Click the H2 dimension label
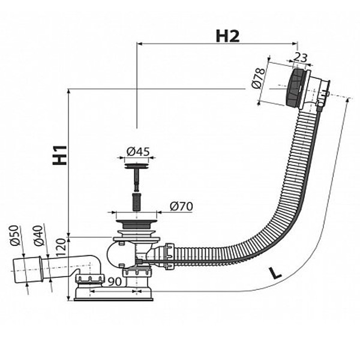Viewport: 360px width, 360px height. [x=227, y=35]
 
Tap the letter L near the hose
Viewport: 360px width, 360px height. [x=274, y=273]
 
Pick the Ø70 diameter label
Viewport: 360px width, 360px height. [x=181, y=207]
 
